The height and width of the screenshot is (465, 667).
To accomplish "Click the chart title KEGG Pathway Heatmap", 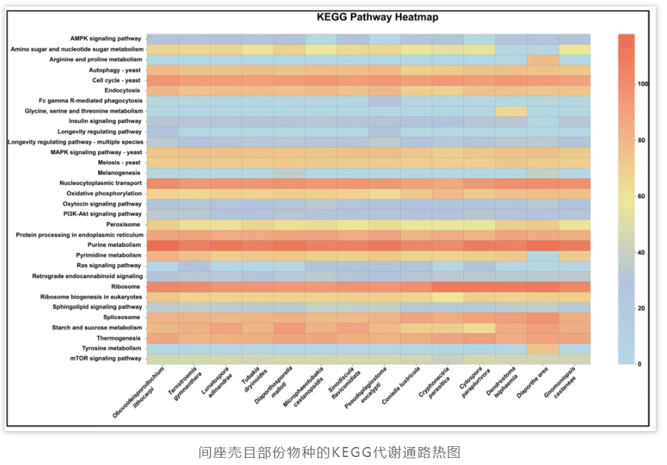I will tap(377, 17).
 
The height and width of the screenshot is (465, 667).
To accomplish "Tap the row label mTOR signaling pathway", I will tap(107, 358).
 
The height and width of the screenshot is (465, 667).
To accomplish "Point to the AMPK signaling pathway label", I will tap(105, 39).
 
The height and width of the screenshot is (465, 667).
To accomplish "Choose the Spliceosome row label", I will tap(124, 318).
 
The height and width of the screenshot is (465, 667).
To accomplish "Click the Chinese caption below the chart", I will tap(330, 452).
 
